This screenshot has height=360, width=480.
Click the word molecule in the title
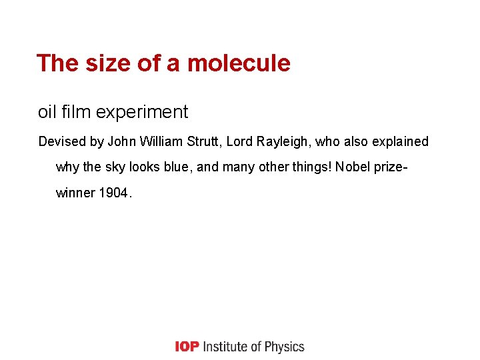click(239, 63)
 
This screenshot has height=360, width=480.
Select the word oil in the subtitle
click(47, 112)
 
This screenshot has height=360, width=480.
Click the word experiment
click(142, 112)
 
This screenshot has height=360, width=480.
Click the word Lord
click(241, 142)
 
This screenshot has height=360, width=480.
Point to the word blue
click(177, 167)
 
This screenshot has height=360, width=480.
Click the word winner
click(75, 193)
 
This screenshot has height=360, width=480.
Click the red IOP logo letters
click(187, 347)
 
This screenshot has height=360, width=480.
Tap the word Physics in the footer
click(284, 347)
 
